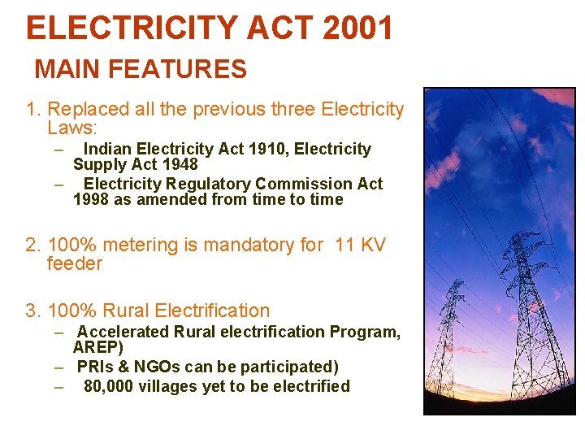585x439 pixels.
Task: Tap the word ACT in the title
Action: pyautogui.click(x=273, y=28)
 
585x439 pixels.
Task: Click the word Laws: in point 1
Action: pyautogui.click(x=72, y=128)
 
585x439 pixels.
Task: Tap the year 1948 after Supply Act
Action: pyautogui.click(x=180, y=164)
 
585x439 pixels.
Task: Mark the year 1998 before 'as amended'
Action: pyautogui.click(x=91, y=199)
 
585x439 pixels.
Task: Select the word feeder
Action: pyautogui.click(x=75, y=263)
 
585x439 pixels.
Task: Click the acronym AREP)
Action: pyautogui.click(x=98, y=347)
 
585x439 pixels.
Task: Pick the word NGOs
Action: pyautogui.click(x=145, y=367)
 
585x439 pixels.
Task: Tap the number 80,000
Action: pyautogui.click(x=108, y=386)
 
